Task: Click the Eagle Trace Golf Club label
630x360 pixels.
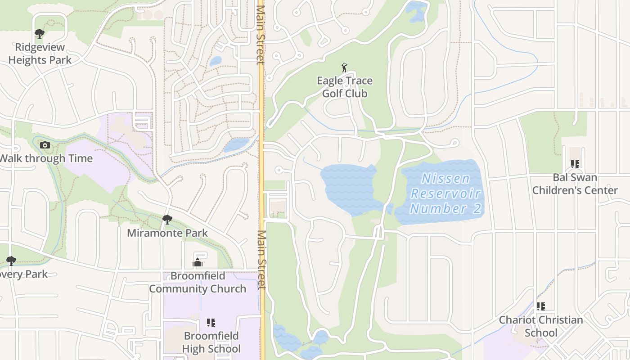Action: (345, 87)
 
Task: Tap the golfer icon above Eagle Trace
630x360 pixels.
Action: (345, 67)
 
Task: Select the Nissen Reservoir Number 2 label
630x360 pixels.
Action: (445, 193)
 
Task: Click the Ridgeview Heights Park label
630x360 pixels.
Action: (40, 54)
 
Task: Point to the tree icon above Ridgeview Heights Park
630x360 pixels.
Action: (40, 33)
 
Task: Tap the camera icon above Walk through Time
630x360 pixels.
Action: (45, 145)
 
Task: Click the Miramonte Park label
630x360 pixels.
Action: (167, 233)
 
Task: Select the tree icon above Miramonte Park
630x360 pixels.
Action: (167, 220)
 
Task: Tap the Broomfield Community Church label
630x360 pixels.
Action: (198, 283)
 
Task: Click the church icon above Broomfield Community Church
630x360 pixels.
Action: (198, 262)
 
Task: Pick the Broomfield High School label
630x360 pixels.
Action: (211, 342)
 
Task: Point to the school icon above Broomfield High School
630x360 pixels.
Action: (211, 322)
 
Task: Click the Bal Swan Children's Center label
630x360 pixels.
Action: (575, 184)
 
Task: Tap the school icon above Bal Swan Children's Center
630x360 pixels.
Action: (575, 164)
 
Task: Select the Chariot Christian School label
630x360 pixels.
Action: (541, 326)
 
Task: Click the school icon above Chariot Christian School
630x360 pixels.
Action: (541, 306)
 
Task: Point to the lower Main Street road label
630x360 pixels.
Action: (262, 260)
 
